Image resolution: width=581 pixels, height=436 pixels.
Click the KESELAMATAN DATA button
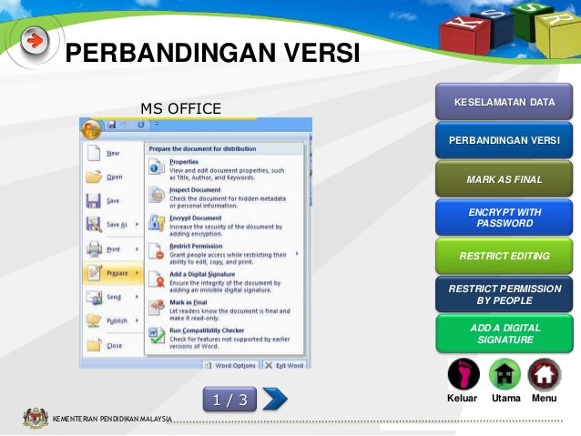504,102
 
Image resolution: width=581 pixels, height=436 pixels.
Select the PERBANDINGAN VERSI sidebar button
504,141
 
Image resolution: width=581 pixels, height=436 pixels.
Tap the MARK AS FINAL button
504,179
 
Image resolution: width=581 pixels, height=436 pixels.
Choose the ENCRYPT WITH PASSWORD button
504,218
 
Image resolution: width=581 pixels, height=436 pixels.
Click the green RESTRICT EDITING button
504,257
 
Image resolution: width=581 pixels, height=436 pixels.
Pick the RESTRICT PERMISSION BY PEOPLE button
504,294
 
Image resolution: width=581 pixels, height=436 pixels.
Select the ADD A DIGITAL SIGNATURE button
504,333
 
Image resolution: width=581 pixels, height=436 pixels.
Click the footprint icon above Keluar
464,373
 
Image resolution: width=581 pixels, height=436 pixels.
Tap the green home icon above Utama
505,374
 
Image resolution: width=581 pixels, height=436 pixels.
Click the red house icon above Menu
544,374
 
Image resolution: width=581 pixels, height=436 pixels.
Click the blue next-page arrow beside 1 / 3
274,398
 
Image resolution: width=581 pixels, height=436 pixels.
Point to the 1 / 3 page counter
230,399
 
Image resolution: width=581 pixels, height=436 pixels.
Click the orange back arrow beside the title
35,41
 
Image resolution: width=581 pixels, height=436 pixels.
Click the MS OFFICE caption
180,109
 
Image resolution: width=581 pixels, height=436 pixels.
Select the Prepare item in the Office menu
113,272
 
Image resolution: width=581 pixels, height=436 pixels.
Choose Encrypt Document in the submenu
195,218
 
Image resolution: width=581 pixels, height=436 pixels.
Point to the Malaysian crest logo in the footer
35,419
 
